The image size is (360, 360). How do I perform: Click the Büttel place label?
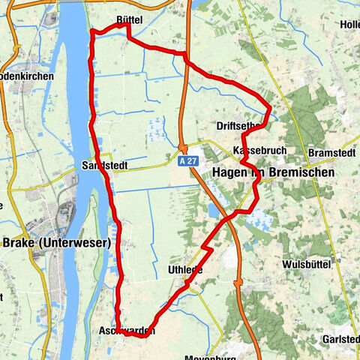pyautogui.click(x=129, y=17)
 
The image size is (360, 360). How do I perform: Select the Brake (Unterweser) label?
pyautogui.click(x=57, y=242)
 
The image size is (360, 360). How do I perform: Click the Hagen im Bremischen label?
pyautogui.click(x=274, y=172)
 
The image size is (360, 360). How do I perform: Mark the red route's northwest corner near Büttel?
pyautogui.click(x=92, y=32)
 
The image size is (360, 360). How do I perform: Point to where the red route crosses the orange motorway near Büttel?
pyautogui.click(x=184, y=55)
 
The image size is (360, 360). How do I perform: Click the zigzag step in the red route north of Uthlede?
pyautogui.click(x=208, y=246)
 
